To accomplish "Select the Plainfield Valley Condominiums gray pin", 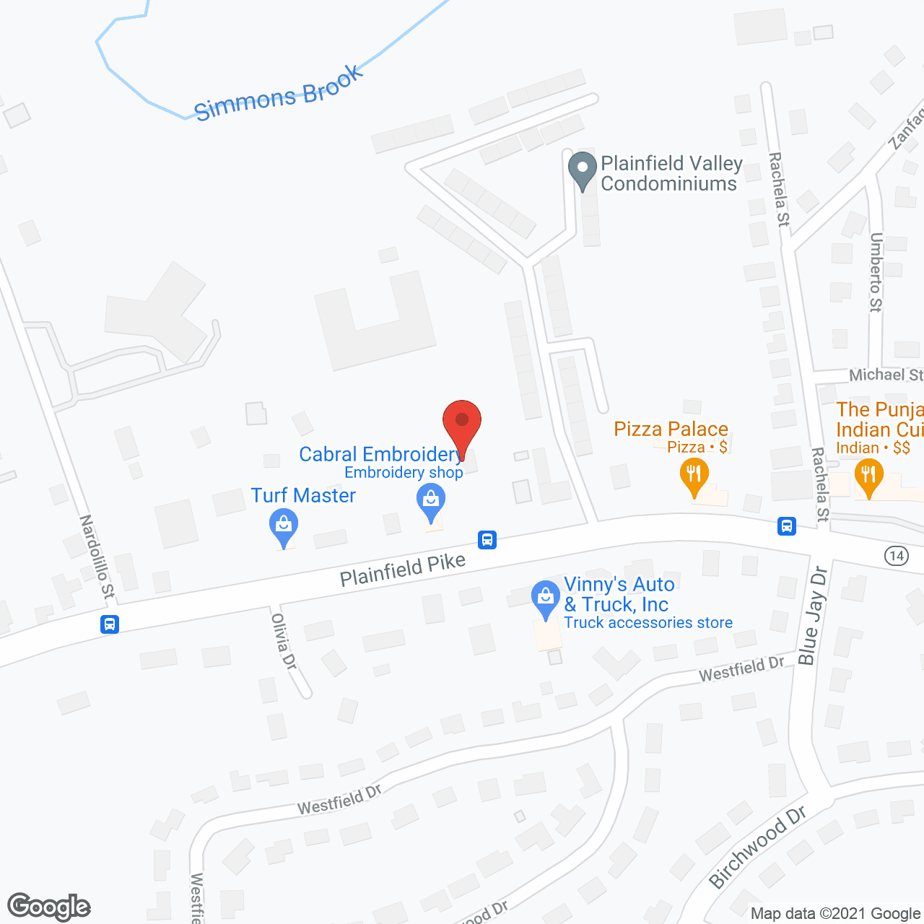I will coord(582,170).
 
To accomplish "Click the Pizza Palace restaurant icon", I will coord(694,477).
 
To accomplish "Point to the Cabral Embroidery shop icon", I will coord(431,502).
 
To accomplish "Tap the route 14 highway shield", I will coord(896,555).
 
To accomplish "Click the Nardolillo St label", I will coord(97,557).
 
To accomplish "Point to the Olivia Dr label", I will coord(284,641).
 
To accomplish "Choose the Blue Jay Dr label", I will coord(813,616).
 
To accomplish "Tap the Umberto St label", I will coord(876,272).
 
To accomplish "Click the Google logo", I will coord(49,907).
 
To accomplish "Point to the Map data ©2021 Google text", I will coord(836,914).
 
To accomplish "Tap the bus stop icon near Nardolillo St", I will coord(110,624).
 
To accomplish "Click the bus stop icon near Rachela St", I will coord(787,526).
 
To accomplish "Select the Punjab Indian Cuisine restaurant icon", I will coord(868,477).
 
